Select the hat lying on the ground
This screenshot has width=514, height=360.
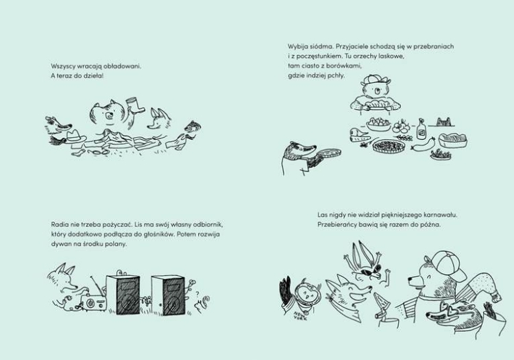click(x=75, y=136)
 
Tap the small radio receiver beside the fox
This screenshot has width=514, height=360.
click(x=93, y=302)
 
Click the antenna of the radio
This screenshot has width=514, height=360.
click(x=97, y=285)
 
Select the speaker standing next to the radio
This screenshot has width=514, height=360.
click(x=123, y=294)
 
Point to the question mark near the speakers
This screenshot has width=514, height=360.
click(x=197, y=293)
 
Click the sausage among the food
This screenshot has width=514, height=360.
click(x=424, y=144)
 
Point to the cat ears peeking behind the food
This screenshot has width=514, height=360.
click(x=445, y=121)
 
